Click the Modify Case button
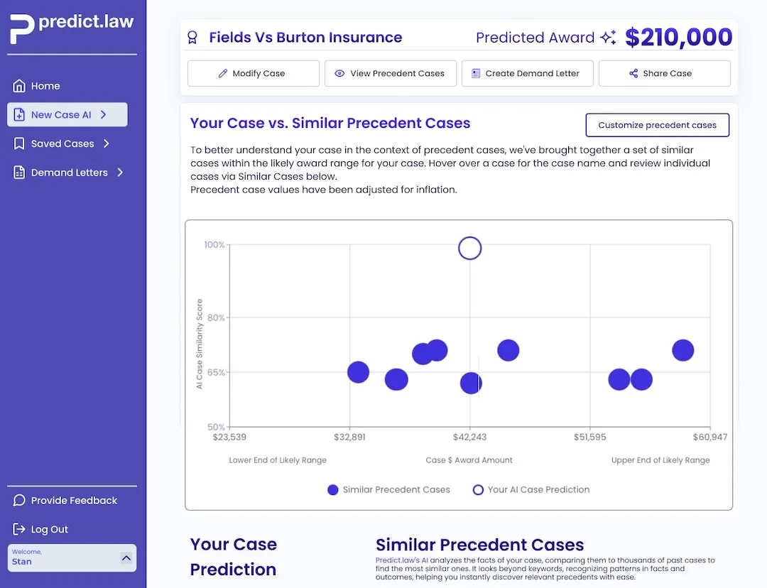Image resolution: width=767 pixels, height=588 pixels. (x=253, y=73)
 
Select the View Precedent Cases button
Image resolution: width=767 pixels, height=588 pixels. (x=390, y=73)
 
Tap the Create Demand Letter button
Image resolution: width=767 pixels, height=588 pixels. (x=527, y=73)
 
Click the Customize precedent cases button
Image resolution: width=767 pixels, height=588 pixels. (x=657, y=125)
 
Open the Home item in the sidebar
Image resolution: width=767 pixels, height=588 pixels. (x=45, y=86)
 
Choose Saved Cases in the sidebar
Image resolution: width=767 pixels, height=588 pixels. (x=62, y=143)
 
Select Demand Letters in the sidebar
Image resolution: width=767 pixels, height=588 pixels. (x=70, y=173)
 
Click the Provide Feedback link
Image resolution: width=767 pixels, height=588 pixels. (x=74, y=501)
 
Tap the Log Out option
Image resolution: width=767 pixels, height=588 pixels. (x=50, y=530)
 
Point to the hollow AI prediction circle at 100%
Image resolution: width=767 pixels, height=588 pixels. (x=470, y=249)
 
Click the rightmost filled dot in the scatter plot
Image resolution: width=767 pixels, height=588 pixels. (x=682, y=350)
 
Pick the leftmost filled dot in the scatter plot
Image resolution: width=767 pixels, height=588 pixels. (x=358, y=372)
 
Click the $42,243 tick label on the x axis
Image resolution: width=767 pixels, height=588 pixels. (x=469, y=437)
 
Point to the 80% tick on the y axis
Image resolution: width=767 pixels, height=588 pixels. (x=215, y=317)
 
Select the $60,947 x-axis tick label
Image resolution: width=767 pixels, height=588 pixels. (x=709, y=437)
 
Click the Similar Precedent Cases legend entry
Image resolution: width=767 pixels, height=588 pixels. (x=388, y=489)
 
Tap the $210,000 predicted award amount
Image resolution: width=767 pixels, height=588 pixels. (x=678, y=38)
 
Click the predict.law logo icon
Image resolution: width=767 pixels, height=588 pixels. (x=21, y=28)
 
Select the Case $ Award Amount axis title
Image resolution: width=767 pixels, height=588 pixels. (x=469, y=460)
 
